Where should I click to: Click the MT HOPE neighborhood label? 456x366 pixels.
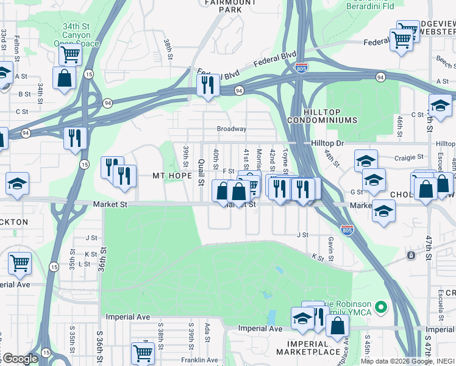point(173,176)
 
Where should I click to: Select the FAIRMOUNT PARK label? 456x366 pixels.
point(222,6)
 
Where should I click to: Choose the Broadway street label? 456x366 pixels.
point(232,129)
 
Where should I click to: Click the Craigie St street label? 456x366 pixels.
point(408,157)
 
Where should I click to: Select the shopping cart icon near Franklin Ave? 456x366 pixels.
point(143,352)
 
